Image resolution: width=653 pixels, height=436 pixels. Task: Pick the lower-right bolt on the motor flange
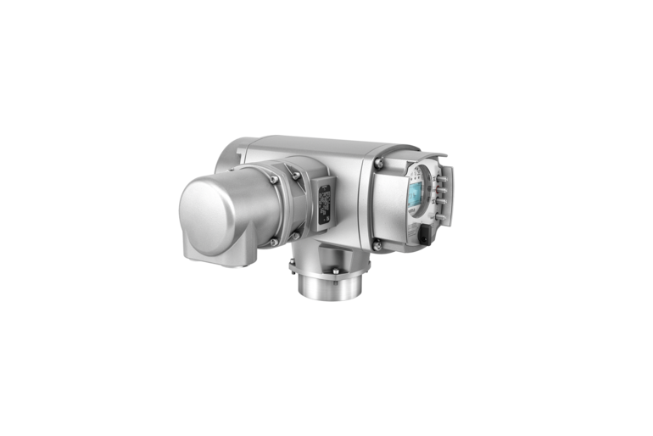pos(297,237)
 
